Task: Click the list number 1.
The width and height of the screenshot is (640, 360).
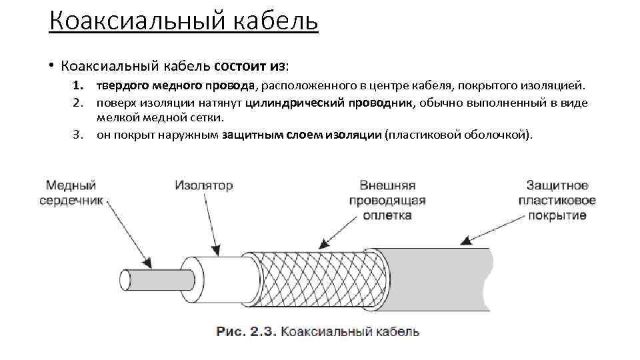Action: pyautogui.click(x=78, y=86)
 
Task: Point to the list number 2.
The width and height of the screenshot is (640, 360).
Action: pyautogui.click(x=78, y=103)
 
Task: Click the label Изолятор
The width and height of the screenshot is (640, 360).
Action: pyautogui.click(x=204, y=185)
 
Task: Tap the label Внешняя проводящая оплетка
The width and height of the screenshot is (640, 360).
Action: pyautogui.click(x=387, y=200)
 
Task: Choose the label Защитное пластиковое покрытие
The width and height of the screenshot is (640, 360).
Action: pyautogui.click(x=557, y=200)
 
